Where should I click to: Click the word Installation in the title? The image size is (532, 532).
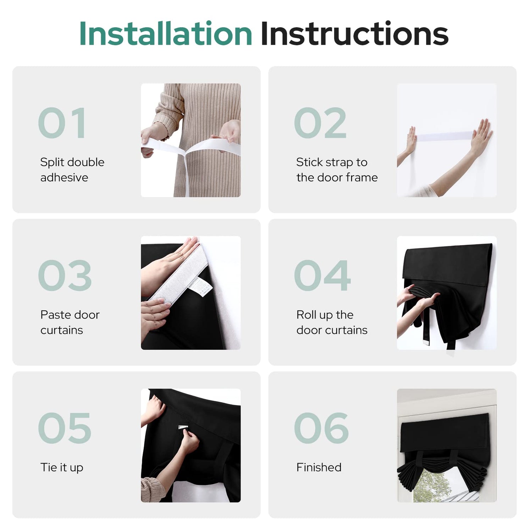pyautogui.click(x=166, y=34)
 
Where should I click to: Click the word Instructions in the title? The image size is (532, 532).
pyautogui.click(x=354, y=34)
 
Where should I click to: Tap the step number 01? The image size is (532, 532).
pyautogui.click(x=62, y=123)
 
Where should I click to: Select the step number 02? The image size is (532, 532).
pyautogui.click(x=320, y=123)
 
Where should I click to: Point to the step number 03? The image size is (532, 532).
pyautogui.click(x=65, y=275)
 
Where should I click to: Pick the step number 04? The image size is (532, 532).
pyautogui.click(x=322, y=275)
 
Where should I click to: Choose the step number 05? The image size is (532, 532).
pyautogui.click(x=65, y=428)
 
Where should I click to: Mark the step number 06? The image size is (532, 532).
pyautogui.click(x=321, y=428)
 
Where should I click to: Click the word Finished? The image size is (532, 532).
pyautogui.click(x=319, y=467)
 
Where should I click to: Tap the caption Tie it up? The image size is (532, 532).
pyautogui.click(x=62, y=468)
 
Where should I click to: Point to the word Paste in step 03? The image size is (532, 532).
pyautogui.click(x=55, y=315)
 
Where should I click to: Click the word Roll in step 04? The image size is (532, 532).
pyautogui.click(x=306, y=315)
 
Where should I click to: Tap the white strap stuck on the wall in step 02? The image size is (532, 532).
pyautogui.click(x=444, y=136)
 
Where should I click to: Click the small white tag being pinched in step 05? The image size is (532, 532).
pyautogui.click(x=183, y=427)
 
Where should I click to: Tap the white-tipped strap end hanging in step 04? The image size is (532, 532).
pyautogui.click(x=426, y=343)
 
